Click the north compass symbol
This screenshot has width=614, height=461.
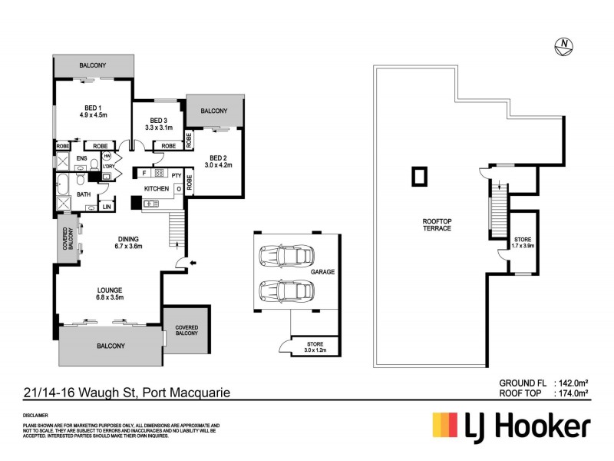pos(565,46)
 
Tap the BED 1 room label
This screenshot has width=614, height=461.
pos(91,109)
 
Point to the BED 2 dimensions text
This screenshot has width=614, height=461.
pos(218,164)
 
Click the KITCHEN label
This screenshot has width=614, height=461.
pos(157,188)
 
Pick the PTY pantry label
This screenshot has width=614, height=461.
pos(176,175)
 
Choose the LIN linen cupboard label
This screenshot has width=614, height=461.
pos(106,207)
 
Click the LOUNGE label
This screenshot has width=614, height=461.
pos(107,290)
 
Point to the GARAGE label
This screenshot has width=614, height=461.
pos(322,272)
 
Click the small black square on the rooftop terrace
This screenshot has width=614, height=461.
pos(419,177)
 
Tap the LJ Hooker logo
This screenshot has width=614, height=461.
pos(512,426)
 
